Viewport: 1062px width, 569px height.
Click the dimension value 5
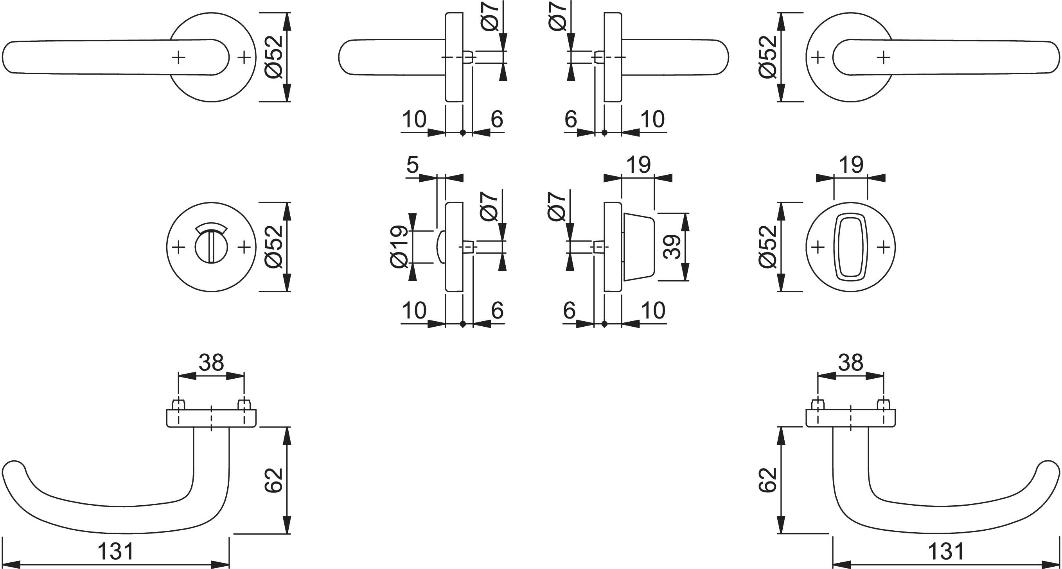tap(412, 165)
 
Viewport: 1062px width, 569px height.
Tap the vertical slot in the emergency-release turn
tap(211, 247)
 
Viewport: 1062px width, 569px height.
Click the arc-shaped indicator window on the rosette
tap(211, 229)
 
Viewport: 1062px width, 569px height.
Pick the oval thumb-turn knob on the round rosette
tap(850, 247)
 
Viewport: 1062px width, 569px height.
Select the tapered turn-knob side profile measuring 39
tap(638, 247)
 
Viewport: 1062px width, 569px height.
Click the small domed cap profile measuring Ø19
tap(440, 247)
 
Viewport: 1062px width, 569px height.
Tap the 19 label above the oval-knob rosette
tap(850, 165)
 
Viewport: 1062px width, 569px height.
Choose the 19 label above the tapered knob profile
tap(638, 165)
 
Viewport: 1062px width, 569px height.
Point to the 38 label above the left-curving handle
tap(211, 363)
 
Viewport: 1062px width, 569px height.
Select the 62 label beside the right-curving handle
tap(767, 480)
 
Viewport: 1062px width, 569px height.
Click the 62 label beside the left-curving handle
tap(274, 480)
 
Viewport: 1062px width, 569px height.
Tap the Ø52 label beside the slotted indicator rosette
tap(274, 247)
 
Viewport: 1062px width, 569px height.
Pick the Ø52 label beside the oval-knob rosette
tap(767, 247)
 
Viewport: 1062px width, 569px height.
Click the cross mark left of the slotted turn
tap(178, 247)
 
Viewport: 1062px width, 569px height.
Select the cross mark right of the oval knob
tap(883, 247)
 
